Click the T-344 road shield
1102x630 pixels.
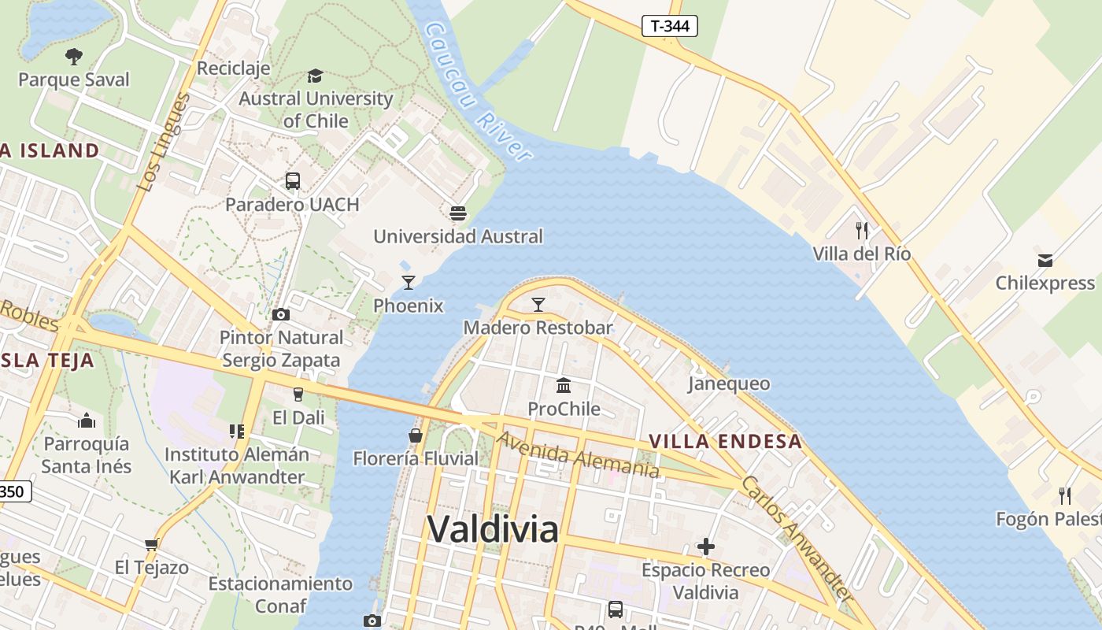(x=670, y=26)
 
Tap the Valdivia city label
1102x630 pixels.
(x=493, y=528)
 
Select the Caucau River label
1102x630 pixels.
(x=477, y=91)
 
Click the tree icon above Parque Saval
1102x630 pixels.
(x=74, y=56)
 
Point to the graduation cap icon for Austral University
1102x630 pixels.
(x=315, y=76)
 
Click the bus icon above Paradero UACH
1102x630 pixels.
(x=293, y=181)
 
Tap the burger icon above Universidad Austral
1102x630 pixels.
(x=457, y=213)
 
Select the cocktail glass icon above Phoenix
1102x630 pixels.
(x=408, y=283)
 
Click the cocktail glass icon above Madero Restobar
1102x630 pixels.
(x=538, y=305)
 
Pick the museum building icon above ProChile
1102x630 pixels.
(x=564, y=386)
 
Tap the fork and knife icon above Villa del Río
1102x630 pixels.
(x=862, y=231)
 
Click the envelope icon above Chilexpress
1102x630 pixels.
(x=1045, y=260)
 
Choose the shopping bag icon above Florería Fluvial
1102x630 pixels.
(x=415, y=435)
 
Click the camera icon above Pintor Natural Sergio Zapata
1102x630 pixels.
(x=281, y=315)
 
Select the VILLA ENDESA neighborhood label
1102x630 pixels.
(x=725, y=442)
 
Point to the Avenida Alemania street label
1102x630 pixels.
(x=578, y=455)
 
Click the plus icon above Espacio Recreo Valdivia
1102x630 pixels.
(x=706, y=547)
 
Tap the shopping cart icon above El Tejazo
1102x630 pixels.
(x=152, y=544)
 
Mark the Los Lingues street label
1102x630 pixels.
(x=164, y=143)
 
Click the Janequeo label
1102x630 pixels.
(x=729, y=384)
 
